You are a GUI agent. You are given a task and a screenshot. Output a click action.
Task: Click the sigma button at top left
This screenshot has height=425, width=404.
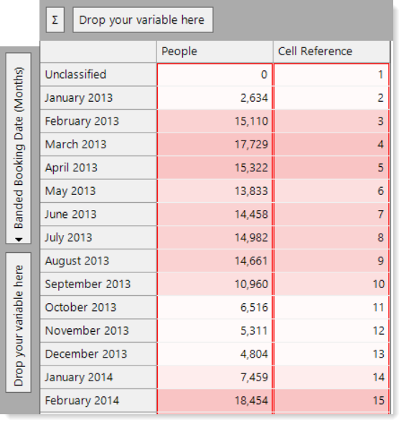point(55,20)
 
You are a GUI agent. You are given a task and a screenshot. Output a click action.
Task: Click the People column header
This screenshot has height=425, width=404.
point(179,51)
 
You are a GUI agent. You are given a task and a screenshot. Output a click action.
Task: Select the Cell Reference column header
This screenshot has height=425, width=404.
point(315,51)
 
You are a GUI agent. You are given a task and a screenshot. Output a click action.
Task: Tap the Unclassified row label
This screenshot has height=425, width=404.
point(75,75)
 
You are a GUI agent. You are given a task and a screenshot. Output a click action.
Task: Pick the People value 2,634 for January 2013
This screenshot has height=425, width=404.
point(254,98)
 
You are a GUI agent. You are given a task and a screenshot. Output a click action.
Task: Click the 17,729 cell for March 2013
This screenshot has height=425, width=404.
point(251,145)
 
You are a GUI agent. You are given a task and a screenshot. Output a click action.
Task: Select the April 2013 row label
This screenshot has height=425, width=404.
point(71,168)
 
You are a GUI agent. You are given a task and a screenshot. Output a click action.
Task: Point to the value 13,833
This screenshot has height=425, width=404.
point(251,191)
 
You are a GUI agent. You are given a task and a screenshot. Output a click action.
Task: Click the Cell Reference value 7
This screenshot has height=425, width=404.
point(380,214)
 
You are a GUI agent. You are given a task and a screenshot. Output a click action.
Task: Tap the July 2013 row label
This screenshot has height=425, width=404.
point(68,238)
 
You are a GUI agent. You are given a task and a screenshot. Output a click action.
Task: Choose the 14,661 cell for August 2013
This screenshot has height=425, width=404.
point(251,261)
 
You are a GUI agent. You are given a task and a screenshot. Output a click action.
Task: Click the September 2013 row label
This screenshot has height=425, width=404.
point(88,285)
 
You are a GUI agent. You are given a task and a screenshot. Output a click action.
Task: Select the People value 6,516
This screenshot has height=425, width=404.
point(254,307)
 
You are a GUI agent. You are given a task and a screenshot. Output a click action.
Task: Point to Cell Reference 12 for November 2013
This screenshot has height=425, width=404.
point(378,331)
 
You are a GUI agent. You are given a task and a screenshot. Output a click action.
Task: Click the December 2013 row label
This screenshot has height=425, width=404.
point(85,354)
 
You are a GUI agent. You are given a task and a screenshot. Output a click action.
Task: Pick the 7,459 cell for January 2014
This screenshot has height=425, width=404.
point(254,378)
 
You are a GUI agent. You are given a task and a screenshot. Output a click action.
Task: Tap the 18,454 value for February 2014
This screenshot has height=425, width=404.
point(251,401)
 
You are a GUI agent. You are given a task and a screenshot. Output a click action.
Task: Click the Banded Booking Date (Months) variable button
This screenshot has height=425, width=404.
point(19,148)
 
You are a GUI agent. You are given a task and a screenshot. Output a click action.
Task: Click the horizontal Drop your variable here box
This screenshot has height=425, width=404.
point(143,20)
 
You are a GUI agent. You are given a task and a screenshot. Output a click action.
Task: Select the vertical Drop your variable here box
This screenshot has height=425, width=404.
point(19,323)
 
